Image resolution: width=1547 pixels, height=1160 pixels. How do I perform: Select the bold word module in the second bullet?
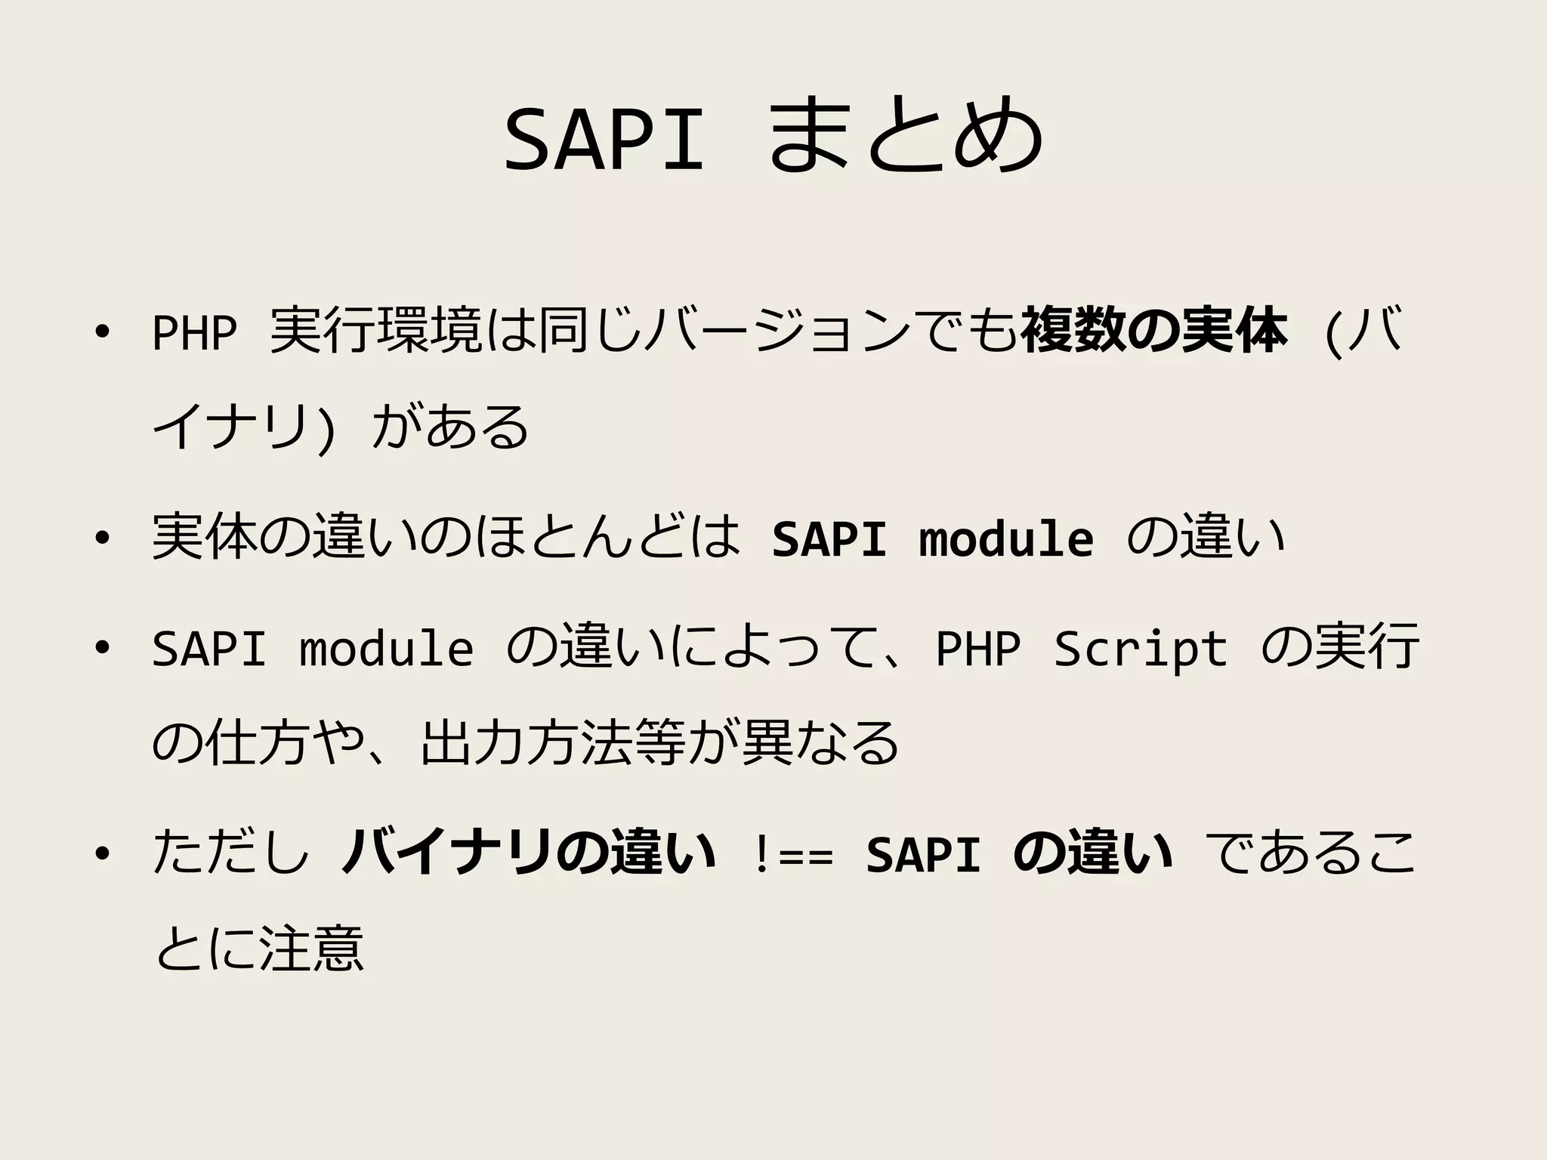coord(1006,538)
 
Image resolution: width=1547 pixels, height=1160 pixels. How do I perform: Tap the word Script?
coord(1141,648)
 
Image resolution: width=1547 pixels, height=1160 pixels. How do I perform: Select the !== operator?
coord(792,855)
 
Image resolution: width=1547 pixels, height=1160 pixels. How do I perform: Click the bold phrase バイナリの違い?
coord(529,853)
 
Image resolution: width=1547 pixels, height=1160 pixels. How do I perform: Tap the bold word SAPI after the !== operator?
coord(923,855)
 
